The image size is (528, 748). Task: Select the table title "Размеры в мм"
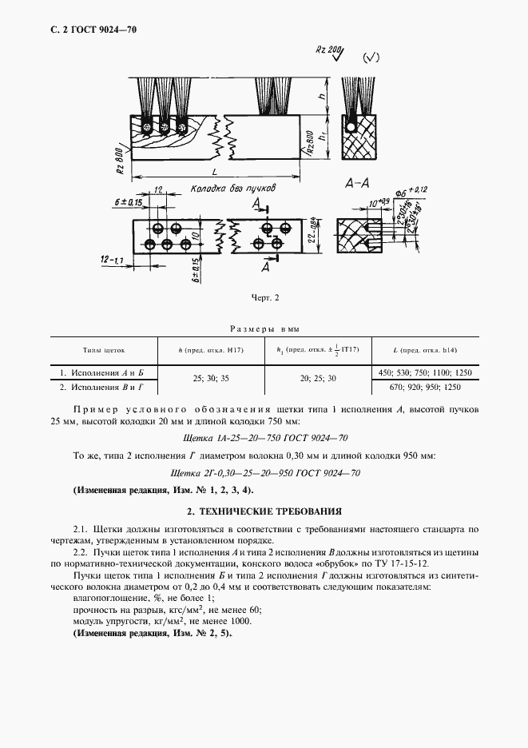(264, 328)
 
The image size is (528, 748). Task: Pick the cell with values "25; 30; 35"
(211, 380)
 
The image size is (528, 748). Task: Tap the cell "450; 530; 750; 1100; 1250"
(424, 372)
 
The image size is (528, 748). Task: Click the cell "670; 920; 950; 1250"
(424, 387)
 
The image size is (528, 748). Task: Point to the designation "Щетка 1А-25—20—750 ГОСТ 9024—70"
(264, 438)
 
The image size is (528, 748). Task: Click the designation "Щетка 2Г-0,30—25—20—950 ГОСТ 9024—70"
(264, 473)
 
